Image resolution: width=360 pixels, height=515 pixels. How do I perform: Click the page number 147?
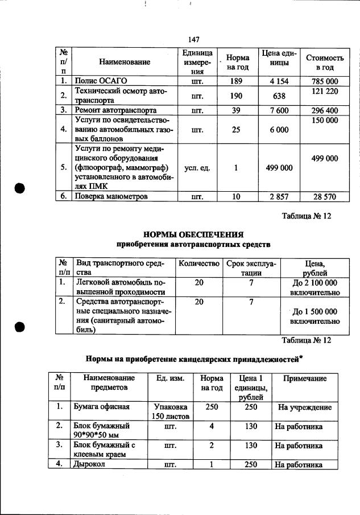pyautogui.click(x=194, y=39)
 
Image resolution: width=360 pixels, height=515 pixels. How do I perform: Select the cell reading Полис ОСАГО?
pyautogui.click(x=101, y=81)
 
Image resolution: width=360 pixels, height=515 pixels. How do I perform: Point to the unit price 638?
pyautogui.click(x=279, y=96)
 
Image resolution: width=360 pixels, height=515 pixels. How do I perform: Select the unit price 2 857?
pyautogui.click(x=279, y=196)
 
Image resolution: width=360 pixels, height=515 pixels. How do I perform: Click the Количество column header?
pyautogui.click(x=198, y=264)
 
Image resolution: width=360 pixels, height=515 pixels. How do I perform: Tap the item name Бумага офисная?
pyautogui.click(x=101, y=407)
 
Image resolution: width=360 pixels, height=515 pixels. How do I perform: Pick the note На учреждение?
pyautogui.click(x=304, y=407)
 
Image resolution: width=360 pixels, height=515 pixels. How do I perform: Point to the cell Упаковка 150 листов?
pyautogui.click(x=170, y=412)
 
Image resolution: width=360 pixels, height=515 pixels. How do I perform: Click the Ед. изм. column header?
pyautogui.click(x=170, y=378)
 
